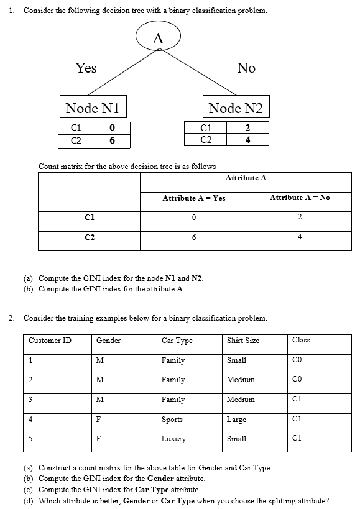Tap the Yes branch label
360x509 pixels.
[x=86, y=68]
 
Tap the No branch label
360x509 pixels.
[x=246, y=68]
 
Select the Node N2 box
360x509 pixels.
[x=236, y=108]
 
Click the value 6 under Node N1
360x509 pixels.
[x=112, y=140]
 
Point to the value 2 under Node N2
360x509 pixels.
[x=247, y=128]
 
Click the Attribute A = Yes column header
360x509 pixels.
[x=193, y=198]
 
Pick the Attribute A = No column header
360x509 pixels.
[x=300, y=198]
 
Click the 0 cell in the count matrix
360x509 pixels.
[x=194, y=217]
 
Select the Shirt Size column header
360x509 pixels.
[x=243, y=341]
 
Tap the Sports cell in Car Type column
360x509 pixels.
[x=172, y=420]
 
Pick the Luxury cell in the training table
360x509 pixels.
[x=173, y=439]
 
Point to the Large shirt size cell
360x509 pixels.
[x=237, y=420]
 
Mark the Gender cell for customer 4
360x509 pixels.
[x=98, y=420]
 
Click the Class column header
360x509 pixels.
[x=301, y=340]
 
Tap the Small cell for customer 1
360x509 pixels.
[x=237, y=360]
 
